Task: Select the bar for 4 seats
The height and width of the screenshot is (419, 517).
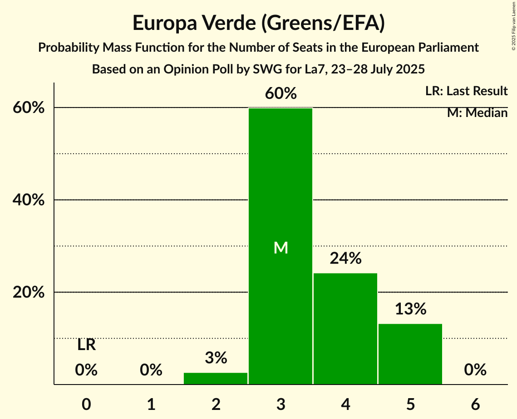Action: (345, 329)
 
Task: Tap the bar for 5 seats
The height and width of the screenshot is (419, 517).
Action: (410, 354)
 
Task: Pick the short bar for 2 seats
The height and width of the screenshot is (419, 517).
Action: (216, 379)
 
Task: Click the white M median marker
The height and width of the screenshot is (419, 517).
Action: (281, 248)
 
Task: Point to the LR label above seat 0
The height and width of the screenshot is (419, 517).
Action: (86, 345)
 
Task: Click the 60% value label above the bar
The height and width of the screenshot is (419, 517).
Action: (281, 94)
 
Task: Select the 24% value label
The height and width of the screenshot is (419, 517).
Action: (346, 258)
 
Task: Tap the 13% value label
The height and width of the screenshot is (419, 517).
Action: (410, 309)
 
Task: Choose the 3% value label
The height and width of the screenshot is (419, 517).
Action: (216, 358)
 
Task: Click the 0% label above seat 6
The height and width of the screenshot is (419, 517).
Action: (475, 370)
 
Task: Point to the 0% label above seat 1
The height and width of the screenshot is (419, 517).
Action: (151, 370)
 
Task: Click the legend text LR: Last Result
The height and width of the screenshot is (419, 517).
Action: (466, 91)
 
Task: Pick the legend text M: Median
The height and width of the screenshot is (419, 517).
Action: (477, 113)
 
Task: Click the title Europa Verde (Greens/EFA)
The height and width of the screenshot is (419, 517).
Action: (259, 23)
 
